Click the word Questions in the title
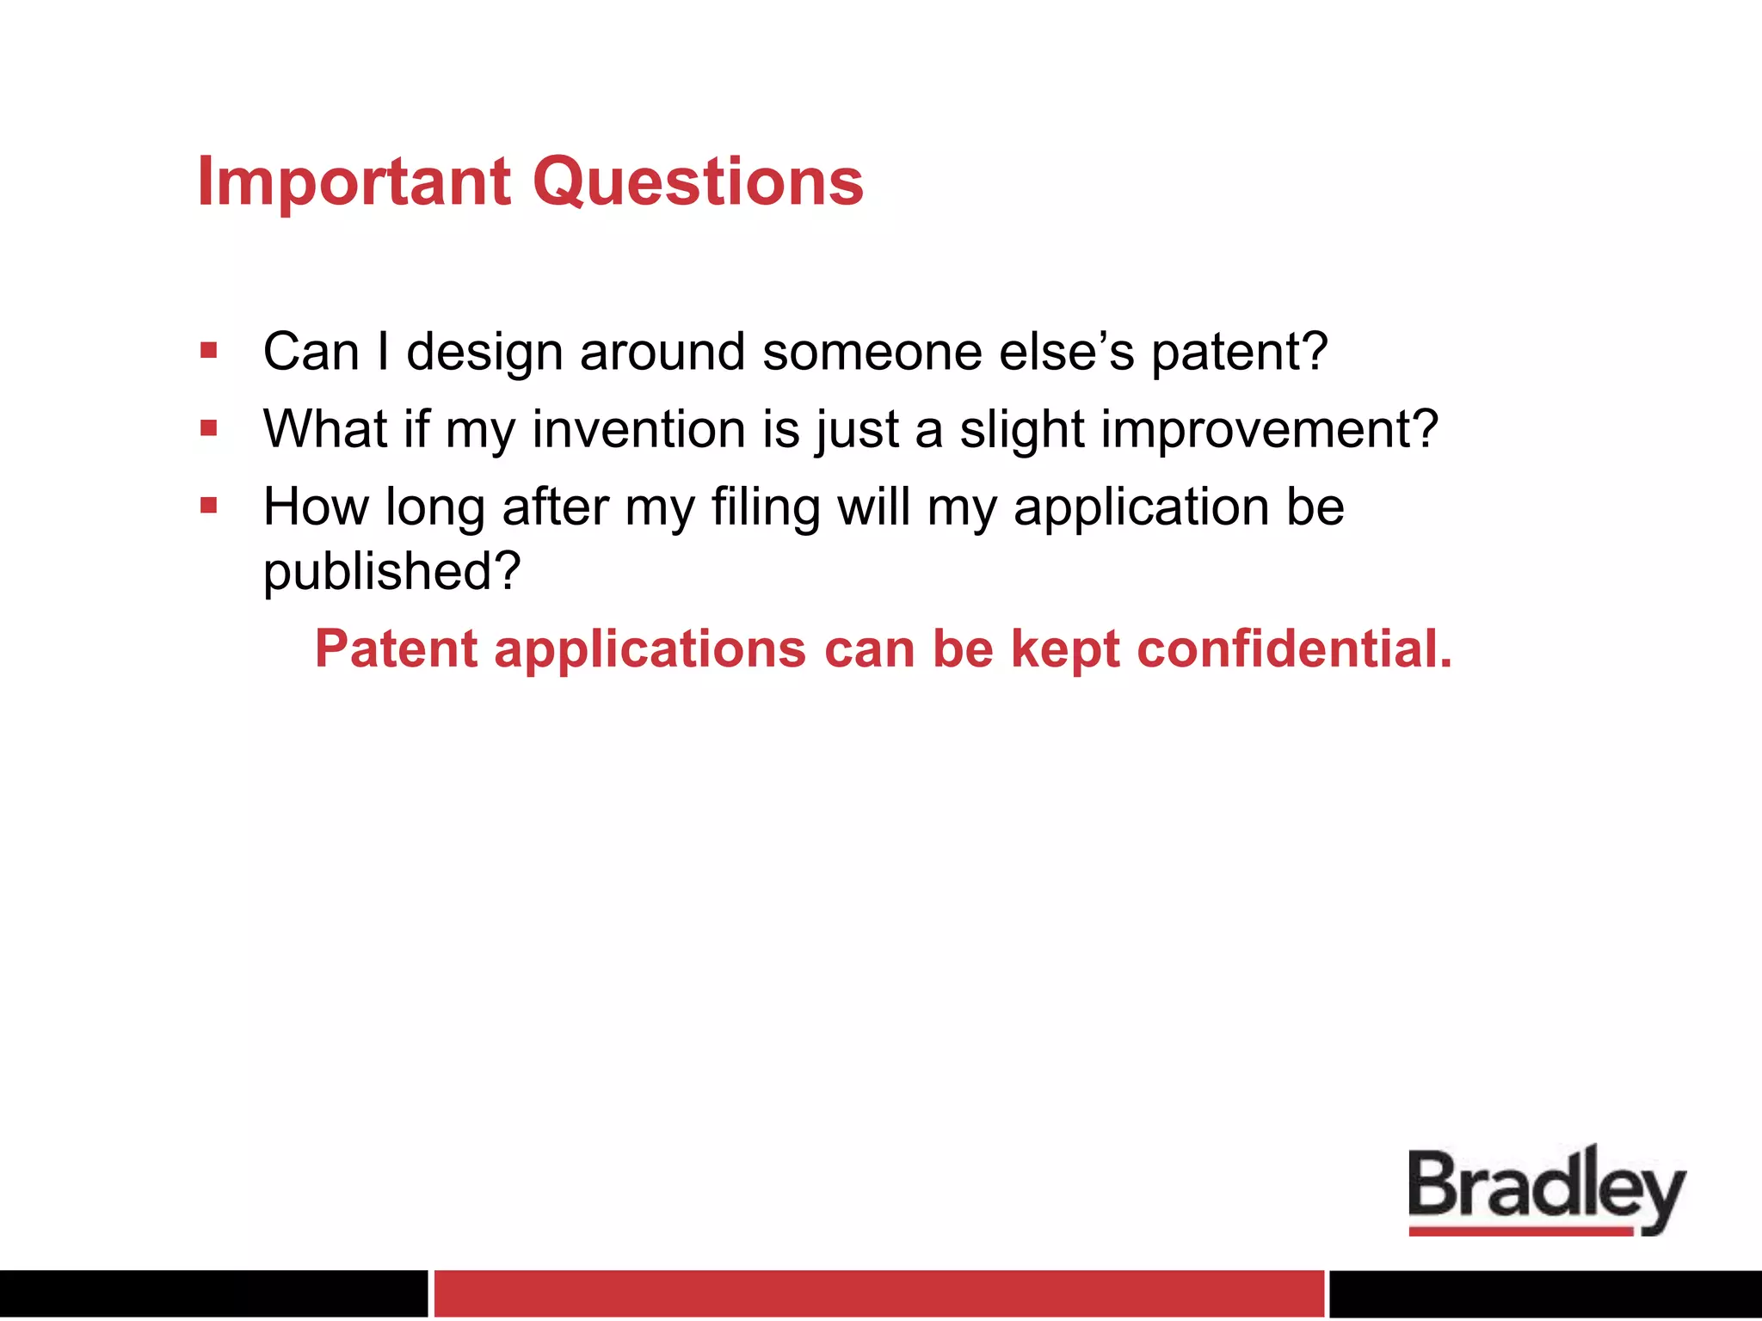tap(698, 182)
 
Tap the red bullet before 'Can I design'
tap(208, 350)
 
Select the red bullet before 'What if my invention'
tap(208, 427)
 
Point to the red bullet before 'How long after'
tap(208, 505)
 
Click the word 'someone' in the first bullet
tap(872, 352)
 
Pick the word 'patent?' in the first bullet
tap(1239, 352)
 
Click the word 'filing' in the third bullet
tap(765, 507)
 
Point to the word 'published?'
tap(392, 571)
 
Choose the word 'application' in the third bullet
tap(1141, 507)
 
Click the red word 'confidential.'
tap(1294, 648)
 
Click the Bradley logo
tap(1546, 1187)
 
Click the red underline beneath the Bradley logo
tap(1520, 1232)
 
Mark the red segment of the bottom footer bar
tap(878, 1293)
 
